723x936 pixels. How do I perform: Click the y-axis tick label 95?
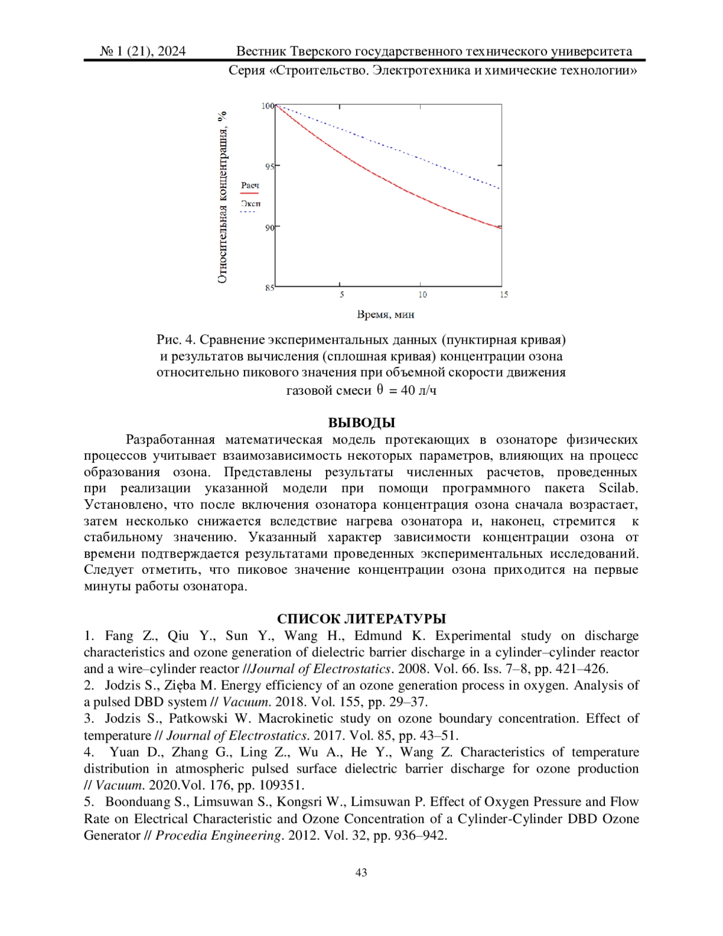(x=269, y=166)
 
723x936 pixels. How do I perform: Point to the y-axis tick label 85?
(x=269, y=288)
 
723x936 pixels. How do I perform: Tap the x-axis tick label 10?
(x=422, y=295)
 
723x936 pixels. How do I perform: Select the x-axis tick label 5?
(x=342, y=295)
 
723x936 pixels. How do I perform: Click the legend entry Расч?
(x=249, y=186)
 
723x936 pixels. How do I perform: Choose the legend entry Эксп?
(x=250, y=204)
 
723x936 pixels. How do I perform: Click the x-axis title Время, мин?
(x=386, y=314)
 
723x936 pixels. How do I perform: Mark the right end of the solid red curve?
(x=501, y=228)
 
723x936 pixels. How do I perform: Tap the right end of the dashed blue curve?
(x=501, y=189)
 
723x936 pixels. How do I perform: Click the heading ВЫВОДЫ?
(x=361, y=422)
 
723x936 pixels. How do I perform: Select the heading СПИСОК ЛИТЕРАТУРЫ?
(x=361, y=619)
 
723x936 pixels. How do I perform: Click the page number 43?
(x=361, y=873)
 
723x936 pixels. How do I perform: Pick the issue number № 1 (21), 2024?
(x=142, y=51)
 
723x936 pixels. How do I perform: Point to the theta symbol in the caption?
(x=380, y=389)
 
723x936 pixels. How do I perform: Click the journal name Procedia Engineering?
(x=219, y=835)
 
